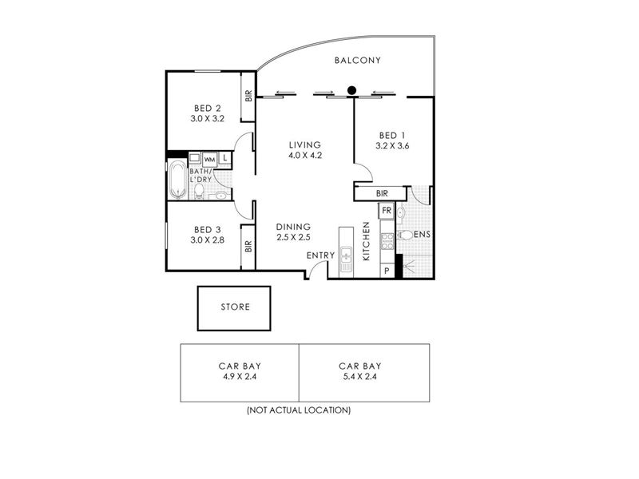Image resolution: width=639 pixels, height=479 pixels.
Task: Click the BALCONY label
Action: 357,61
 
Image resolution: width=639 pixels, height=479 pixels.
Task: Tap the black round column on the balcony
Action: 351,90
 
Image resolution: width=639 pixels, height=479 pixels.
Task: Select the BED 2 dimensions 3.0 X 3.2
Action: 208,119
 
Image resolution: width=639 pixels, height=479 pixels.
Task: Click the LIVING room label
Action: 305,144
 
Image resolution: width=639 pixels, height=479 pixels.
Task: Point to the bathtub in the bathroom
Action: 177,180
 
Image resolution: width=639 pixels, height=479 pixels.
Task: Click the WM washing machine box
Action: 209,160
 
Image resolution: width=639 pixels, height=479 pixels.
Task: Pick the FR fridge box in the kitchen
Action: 387,211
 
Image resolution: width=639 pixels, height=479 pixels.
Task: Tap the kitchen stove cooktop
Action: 387,241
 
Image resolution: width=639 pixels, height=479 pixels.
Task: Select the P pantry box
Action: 387,271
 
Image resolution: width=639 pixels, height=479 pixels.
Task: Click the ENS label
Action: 423,235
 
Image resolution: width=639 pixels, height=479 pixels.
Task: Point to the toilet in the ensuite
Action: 405,235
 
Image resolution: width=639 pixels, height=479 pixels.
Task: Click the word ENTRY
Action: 321,255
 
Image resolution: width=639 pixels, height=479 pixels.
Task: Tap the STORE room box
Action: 234,308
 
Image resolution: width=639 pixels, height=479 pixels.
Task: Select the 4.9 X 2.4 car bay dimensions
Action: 240,377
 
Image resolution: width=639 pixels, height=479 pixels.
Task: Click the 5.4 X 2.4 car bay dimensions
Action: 360,377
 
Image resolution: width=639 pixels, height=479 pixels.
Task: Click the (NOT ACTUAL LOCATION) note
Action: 299,410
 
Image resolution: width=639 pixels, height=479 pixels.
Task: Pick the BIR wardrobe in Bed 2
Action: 248,97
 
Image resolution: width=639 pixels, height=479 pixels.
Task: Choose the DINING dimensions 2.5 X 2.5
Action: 293,237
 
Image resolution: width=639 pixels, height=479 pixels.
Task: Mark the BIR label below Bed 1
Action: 382,194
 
